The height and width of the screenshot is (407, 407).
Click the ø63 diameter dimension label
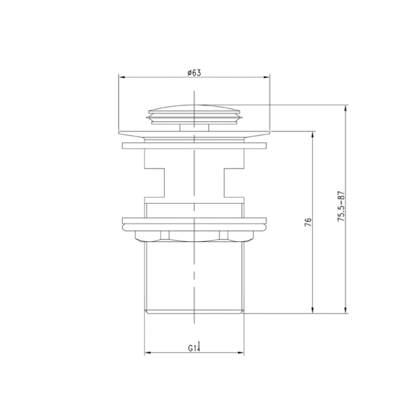click(x=194, y=73)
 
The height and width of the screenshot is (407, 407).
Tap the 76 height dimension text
click(x=308, y=222)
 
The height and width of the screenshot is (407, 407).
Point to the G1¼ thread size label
click(x=195, y=347)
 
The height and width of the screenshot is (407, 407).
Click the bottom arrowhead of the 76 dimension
click(x=313, y=310)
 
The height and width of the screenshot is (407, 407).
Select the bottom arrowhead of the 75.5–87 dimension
click(x=346, y=310)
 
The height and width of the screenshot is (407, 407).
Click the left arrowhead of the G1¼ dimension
click(x=147, y=353)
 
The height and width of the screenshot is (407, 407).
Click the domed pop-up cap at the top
click(x=194, y=110)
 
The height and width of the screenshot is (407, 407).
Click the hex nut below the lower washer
click(x=194, y=236)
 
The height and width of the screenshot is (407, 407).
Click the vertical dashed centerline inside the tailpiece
click(x=194, y=277)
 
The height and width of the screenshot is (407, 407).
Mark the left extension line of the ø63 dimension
click(x=119, y=100)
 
